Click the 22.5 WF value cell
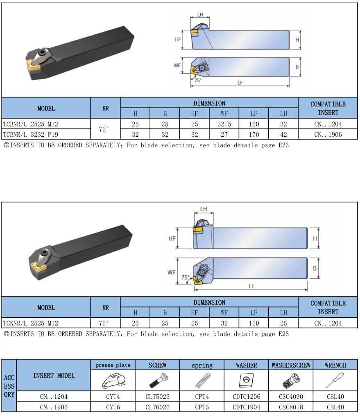click(224, 124)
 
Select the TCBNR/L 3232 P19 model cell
click(46, 135)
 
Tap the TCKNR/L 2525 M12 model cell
click(46, 323)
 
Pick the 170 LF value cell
click(254, 135)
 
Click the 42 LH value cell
click(283, 135)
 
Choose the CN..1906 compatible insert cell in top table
click(328, 135)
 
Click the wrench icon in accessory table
click(335, 380)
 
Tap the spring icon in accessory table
click(203, 380)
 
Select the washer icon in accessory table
click(246, 381)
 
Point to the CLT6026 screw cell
click(157, 407)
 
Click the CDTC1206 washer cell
click(247, 396)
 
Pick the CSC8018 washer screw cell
click(291, 407)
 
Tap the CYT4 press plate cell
click(113, 396)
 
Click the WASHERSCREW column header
click(291, 365)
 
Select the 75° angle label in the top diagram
click(198, 80)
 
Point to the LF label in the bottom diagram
click(252, 286)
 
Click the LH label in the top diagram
click(200, 15)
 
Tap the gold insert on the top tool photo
click(34, 66)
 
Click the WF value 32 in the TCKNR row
click(224, 323)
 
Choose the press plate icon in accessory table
click(113, 381)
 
